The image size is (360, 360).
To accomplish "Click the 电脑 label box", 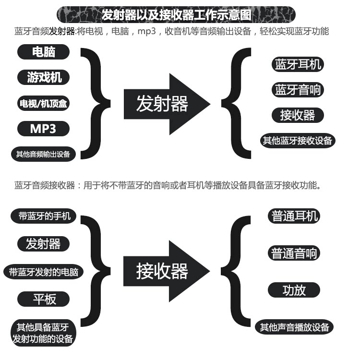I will [44, 51].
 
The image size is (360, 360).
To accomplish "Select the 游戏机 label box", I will [44, 77].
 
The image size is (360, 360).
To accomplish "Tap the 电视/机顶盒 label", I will [44, 103].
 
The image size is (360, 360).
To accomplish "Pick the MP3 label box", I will [43, 128].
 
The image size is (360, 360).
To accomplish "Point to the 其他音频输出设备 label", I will [43, 154].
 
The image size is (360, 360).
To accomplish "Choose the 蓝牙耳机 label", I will [298, 64].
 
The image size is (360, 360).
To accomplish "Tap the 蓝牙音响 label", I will [298, 90].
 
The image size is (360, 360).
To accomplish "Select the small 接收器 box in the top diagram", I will [298, 115].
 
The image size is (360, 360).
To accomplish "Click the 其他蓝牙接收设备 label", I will [298, 141].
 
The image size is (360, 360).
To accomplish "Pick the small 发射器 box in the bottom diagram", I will [43, 243].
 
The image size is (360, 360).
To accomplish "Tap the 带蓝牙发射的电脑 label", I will [43, 272].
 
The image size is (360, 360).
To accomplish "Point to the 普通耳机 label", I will [294, 216].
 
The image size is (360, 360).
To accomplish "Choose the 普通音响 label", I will [294, 253].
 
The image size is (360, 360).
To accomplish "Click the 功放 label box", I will [294, 290].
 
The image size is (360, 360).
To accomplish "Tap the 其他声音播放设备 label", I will [294, 327].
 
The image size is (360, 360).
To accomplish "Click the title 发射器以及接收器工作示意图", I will [176, 14].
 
